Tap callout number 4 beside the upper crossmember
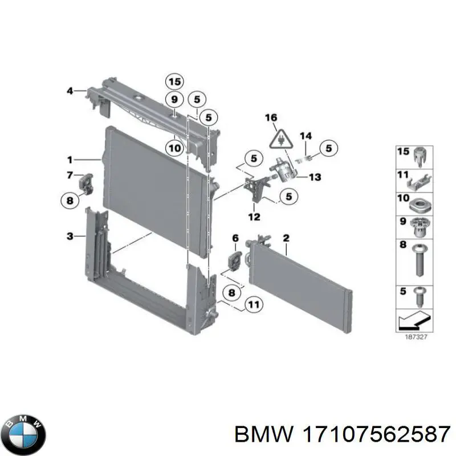(x=70, y=90)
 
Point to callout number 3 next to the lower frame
(x=69, y=235)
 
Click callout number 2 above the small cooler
(x=286, y=237)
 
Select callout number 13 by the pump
(x=315, y=177)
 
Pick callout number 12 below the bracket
(x=254, y=217)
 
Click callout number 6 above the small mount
(x=234, y=238)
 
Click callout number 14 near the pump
(x=306, y=136)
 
